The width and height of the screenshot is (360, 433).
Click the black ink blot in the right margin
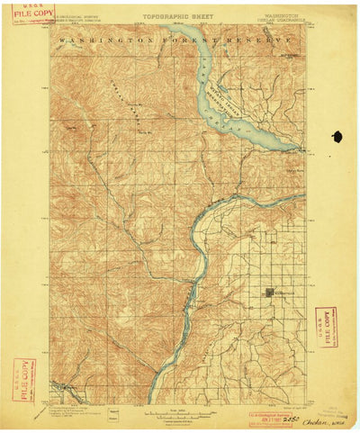(x=337, y=137)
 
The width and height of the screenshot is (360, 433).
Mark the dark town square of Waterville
(x=270, y=293)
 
